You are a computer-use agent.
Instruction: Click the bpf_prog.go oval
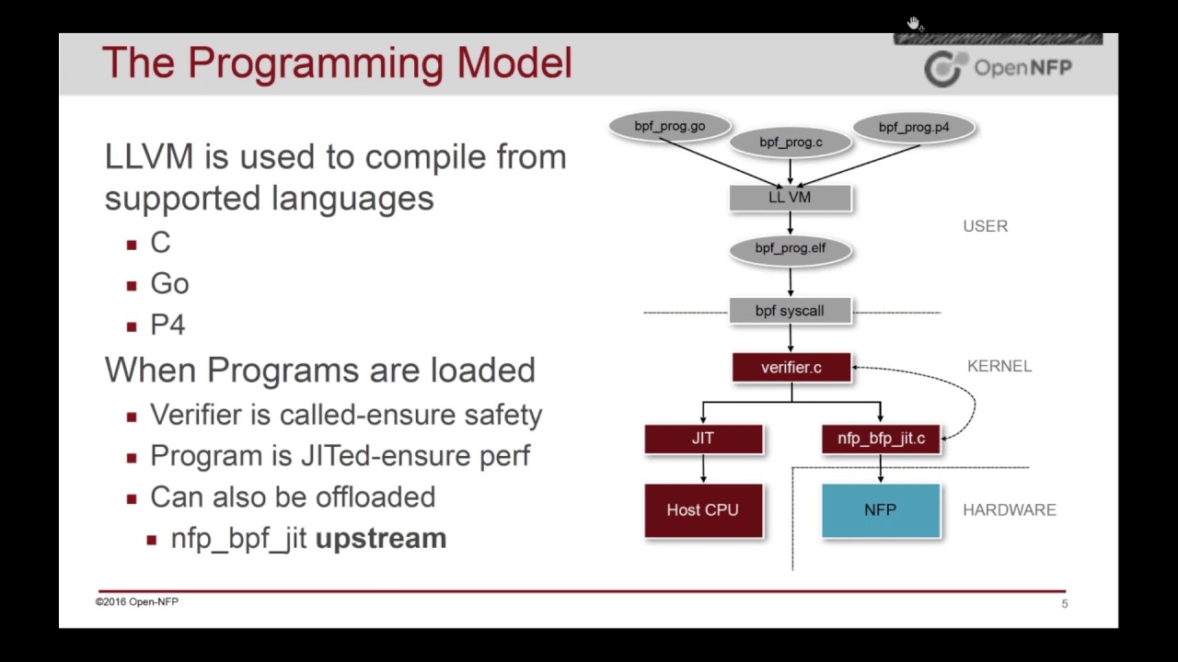(x=669, y=127)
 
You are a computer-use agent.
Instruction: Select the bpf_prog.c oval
(x=791, y=143)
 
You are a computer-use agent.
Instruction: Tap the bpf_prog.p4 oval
(x=913, y=128)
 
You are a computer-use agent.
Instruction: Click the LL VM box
(x=791, y=197)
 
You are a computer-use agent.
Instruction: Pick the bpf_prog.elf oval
(x=791, y=248)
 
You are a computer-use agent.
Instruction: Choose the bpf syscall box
(x=791, y=311)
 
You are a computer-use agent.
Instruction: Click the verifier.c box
(x=791, y=368)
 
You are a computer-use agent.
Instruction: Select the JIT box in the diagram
(x=703, y=439)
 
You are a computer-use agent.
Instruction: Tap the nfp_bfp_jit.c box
(x=881, y=439)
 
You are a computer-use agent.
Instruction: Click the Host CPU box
(x=703, y=509)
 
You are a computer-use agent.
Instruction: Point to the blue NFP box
(x=881, y=509)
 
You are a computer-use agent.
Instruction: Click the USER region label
(x=985, y=226)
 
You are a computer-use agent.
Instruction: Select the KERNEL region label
(x=999, y=366)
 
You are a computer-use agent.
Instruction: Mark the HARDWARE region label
(x=1010, y=509)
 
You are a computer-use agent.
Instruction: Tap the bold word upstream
(x=381, y=538)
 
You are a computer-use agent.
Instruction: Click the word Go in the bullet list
(x=169, y=284)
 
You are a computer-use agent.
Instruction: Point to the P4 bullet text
(x=167, y=325)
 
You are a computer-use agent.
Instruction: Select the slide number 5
(x=1065, y=604)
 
